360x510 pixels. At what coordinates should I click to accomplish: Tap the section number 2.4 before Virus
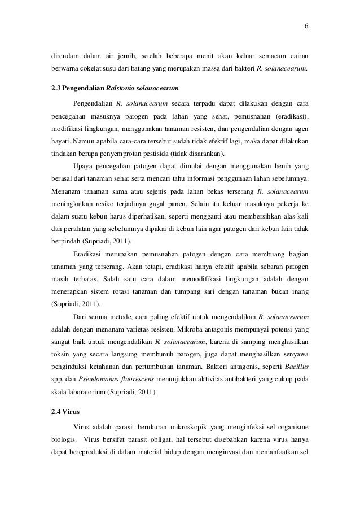[x=56, y=411]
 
